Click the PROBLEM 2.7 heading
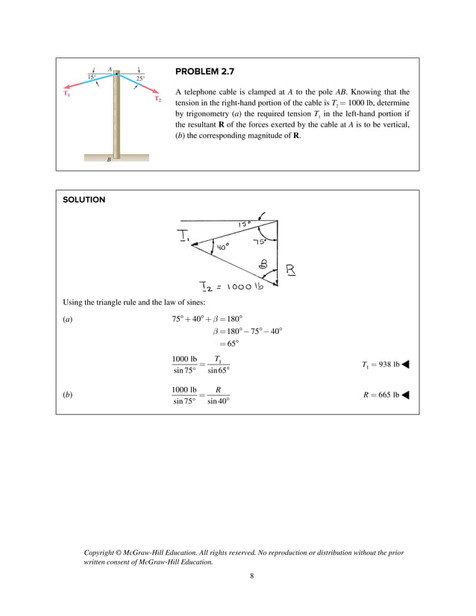204,72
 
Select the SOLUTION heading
84,200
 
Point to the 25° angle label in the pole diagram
140,78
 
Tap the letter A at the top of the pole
110,69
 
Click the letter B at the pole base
109,160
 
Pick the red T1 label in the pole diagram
66,94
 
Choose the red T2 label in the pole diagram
158,98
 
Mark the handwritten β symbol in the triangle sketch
263,263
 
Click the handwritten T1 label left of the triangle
184,236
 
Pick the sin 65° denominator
218,371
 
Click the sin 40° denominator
218,401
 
